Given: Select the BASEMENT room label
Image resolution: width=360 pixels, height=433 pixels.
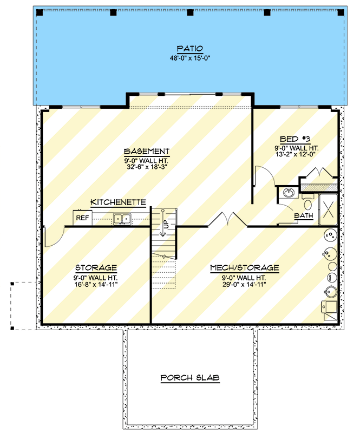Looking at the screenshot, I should tap(147, 151).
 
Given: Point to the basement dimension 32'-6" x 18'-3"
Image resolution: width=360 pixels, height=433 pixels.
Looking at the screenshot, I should tap(147, 166).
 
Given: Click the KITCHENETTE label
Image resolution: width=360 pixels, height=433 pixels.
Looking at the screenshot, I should tap(118, 202).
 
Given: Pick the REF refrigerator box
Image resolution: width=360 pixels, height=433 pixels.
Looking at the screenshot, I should tap(82, 218).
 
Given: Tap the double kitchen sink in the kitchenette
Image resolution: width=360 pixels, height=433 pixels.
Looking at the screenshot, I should tap(122, 219).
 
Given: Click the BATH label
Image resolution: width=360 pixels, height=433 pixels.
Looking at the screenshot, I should tap(303, 216).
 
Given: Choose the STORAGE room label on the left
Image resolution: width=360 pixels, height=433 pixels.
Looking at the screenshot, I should tap(96, 268).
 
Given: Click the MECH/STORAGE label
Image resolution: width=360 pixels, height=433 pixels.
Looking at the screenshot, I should tap(245, 267).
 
